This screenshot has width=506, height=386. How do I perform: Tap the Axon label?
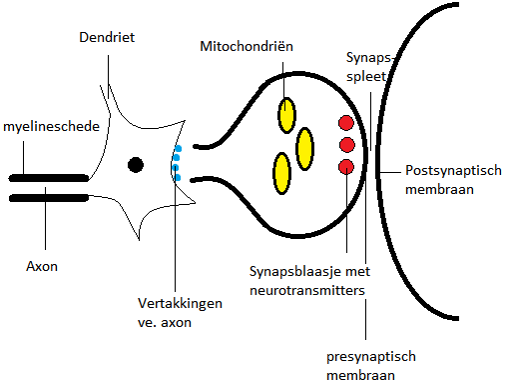click(42, 267)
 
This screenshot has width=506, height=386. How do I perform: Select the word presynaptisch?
click(370, 356)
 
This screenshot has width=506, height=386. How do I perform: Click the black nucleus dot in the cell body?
click(135, 164)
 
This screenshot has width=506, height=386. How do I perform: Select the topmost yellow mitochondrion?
click(287, 114)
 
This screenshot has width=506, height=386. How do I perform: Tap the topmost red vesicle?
click(346, 124)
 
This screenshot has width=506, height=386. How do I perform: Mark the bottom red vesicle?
click(346, 166)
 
